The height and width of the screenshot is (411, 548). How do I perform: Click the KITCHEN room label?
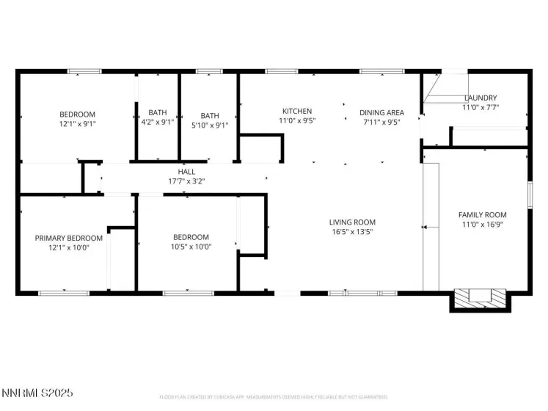pos(295,111)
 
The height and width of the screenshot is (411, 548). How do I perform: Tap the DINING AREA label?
pos(379,112)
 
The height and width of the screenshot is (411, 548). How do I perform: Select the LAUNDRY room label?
pos(481,98)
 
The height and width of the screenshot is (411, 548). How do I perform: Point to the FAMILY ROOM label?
pos(482,215)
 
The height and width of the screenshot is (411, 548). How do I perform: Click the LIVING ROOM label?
pos(352,222)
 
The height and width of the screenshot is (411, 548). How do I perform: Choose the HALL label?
pos(186,171)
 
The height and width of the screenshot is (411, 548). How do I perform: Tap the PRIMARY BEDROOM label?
pos(69,238)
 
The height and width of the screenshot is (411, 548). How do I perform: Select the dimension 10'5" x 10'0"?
pos(191,247)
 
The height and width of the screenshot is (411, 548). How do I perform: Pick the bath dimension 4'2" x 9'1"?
pos(158,123)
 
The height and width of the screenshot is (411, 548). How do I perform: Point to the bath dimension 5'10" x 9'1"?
pos(210,125)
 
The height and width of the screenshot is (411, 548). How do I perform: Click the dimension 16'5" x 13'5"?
pos(352,232)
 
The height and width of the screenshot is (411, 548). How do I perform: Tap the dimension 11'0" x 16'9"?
pos(482,225)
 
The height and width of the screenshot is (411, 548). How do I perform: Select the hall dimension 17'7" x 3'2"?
pos(186,181)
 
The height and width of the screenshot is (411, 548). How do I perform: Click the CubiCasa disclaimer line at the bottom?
pos(273,397)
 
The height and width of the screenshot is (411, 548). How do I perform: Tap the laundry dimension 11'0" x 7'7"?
pos(481,107)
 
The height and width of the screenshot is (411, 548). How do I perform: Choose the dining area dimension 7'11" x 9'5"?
pos(379,122)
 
